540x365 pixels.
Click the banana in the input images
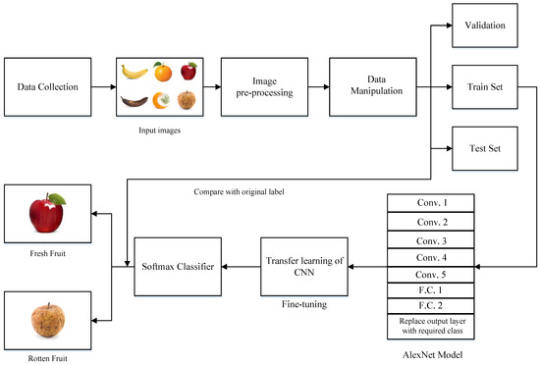point(134,72)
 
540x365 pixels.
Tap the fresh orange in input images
point(163,72)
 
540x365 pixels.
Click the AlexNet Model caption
point(433,354)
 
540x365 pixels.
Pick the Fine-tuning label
point(303,305)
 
